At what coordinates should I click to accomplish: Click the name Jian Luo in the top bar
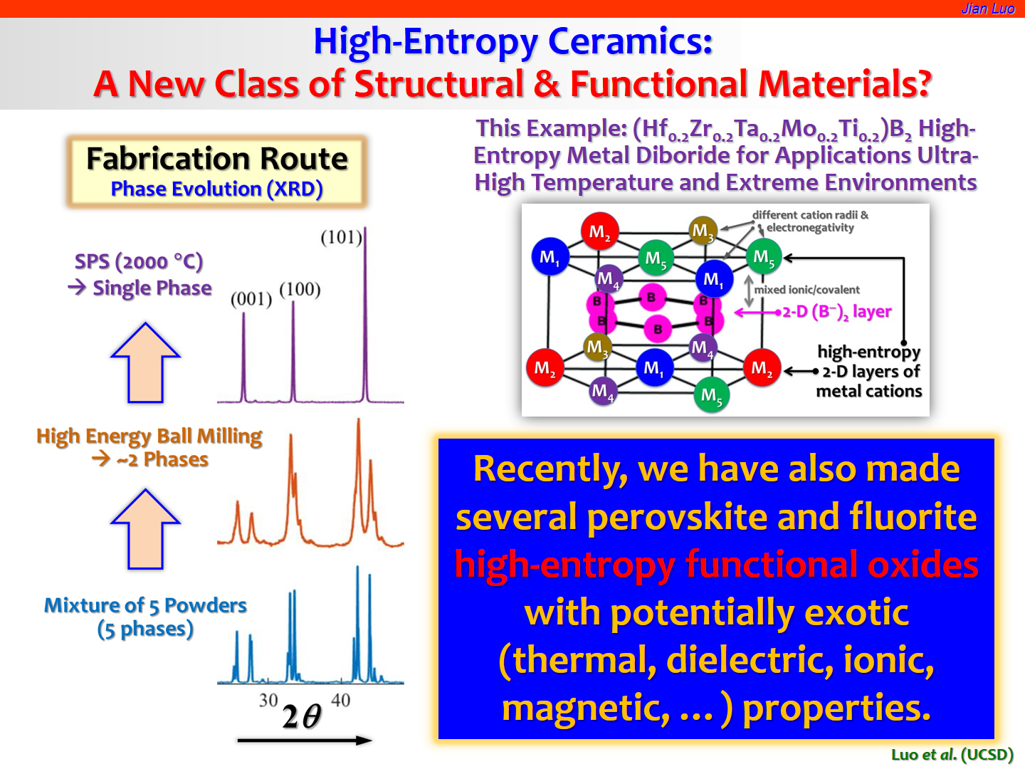coord(988,9)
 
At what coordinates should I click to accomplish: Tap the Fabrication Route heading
coord(217,159)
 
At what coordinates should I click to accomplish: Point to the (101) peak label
coord(342,237)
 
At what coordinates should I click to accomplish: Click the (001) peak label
coord(251,299)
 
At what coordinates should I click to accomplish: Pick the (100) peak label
coord(300,289)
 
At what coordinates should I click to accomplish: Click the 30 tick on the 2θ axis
coord(268,700)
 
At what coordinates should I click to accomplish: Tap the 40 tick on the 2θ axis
coord(340,700)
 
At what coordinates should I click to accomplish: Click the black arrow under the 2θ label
coord(305,740)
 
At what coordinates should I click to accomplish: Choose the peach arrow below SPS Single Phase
coord(145,362)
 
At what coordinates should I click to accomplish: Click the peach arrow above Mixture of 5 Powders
coord(145,529)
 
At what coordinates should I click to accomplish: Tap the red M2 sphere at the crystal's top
coord(599,231)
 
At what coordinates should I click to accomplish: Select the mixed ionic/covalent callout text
coord(806,290)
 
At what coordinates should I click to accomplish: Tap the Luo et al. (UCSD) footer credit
coord(952,755)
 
